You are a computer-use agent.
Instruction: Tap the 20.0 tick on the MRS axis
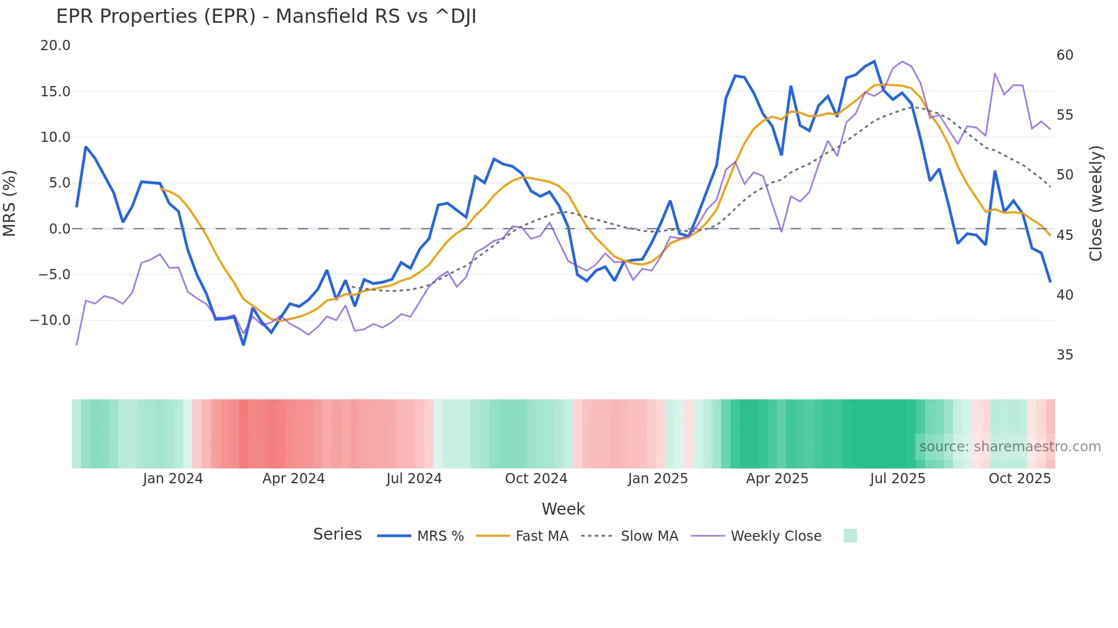click(x=55, y=46)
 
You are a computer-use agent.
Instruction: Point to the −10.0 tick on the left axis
click(x=50, y=320)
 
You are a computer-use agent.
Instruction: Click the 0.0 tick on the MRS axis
click(x=59, y=229)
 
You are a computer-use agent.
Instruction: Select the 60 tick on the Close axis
click(x=1064, y=55)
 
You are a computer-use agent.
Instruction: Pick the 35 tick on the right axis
click(x=1064, y=355)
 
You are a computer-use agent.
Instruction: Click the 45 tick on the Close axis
click(x=1064, y=235)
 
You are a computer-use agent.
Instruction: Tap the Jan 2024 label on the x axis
click(x=173, y=479)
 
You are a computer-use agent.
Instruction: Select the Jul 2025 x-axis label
click(x=897, y=479)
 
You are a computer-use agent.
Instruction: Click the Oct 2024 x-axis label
click(x=536, y=479)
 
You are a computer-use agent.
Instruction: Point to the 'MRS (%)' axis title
click(x=10, y=203)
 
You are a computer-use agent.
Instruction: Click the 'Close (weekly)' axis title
click(x=1095, y=203)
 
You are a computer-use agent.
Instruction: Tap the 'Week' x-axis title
click(x=563, y=509)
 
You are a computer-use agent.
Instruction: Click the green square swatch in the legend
click(x=850, y=536)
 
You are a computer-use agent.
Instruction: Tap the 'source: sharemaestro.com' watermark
click(x=1010, y=447)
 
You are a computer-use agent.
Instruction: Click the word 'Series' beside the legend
click(x=338, y=535)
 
